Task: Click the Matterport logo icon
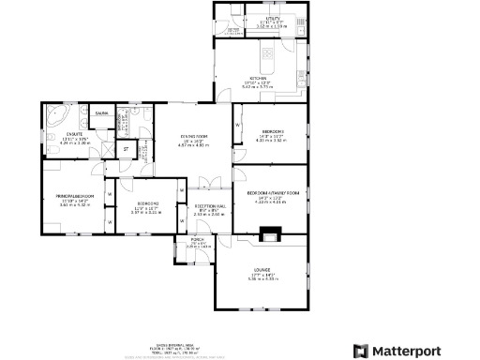pyautogui.click(x=360, y=351)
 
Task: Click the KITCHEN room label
pyautogui.click(x=260, y=78)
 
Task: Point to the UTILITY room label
pyautogui.click(x=272, y=18)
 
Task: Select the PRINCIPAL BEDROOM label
pyautogui.click(x=74, y=194)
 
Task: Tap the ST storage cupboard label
pyautogui.click(x=125, y=148)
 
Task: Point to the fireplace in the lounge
pyautogui.click(x=270, y=234)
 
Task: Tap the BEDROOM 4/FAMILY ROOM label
pyautogui.click(x=272, y=192)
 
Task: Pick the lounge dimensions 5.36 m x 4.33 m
pyautogui.click(x=261, y=278)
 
